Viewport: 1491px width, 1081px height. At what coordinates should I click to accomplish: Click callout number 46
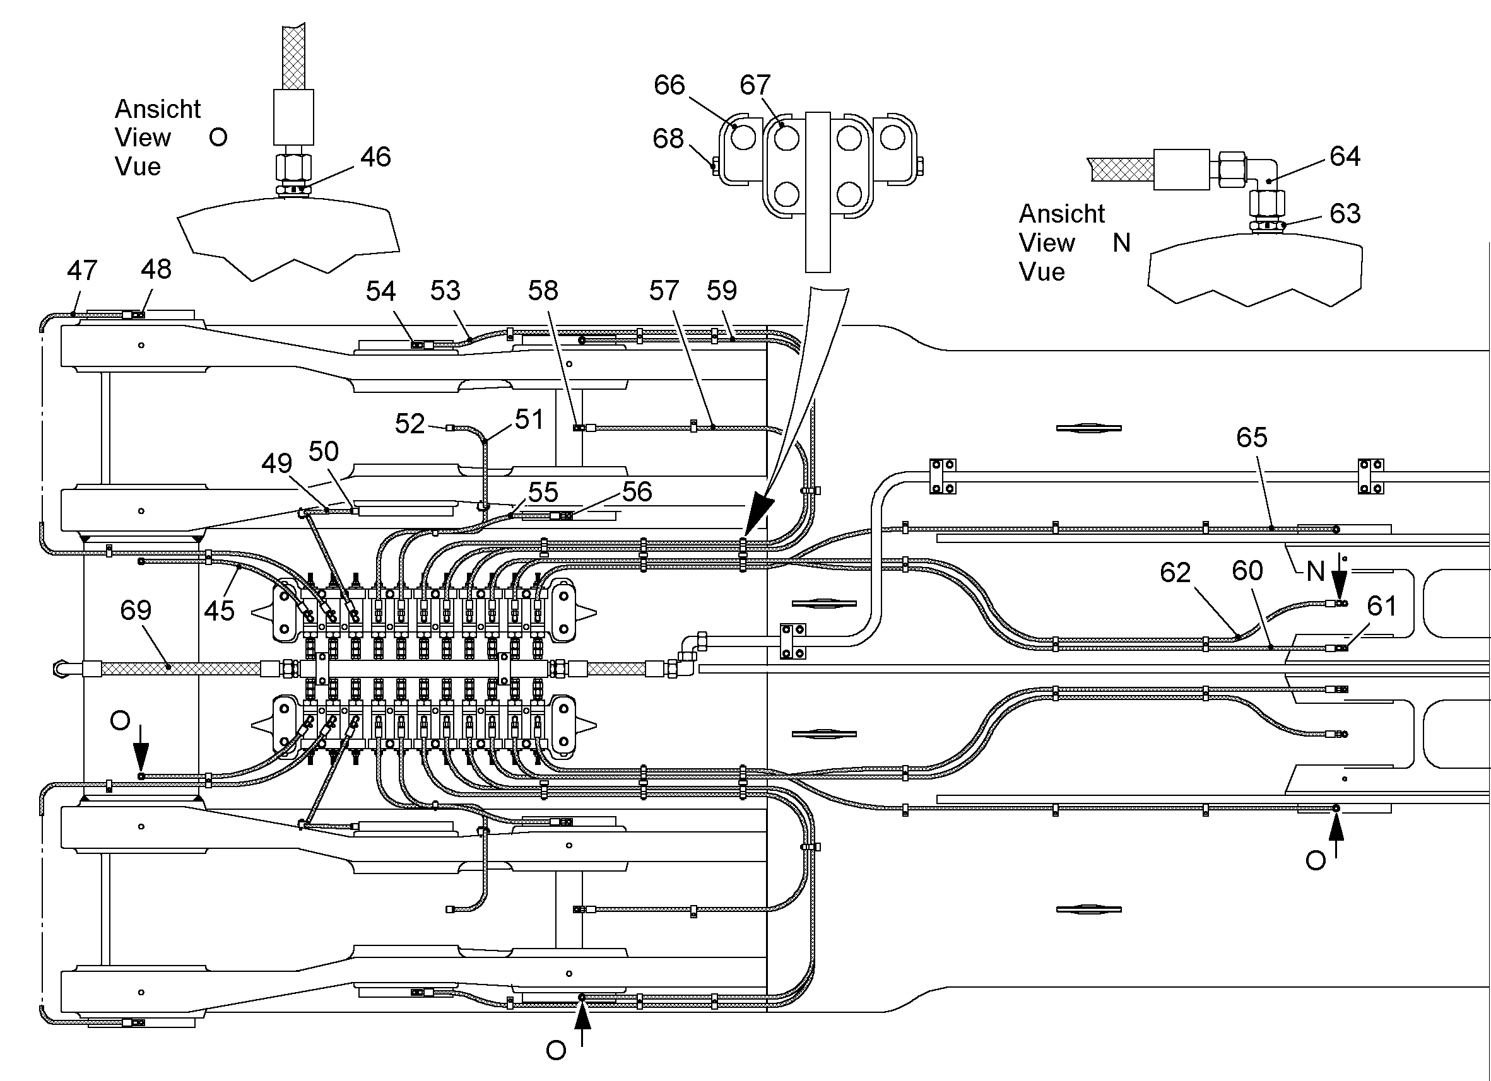[375, 157]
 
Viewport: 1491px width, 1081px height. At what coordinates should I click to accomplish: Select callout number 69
[136, 611]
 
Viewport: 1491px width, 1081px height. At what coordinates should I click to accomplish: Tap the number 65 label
[1252, 437]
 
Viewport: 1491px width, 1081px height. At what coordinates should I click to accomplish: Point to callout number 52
[410, 424]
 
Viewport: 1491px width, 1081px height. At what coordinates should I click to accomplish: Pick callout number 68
[668, 139]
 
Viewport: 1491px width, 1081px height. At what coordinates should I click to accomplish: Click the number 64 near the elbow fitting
[1345, 156]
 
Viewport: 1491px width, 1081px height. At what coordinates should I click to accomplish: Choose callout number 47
[82, 270]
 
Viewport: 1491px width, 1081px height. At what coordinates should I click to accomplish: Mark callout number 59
[722, 291]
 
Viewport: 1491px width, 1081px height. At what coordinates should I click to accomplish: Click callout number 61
[1382, 606]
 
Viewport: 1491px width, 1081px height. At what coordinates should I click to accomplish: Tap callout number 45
[219, 611]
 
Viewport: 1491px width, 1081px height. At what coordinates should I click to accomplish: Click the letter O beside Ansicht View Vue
[218, 137]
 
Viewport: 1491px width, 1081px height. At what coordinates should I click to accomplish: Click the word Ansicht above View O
[158, 109]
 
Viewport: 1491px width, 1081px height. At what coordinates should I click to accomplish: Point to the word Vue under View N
[1042, 272]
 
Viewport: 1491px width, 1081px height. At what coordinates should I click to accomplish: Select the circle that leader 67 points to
[786, 139]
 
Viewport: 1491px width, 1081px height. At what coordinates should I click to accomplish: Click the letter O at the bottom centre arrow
[555, 1051]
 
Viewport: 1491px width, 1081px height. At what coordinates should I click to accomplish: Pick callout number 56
[637, 491]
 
